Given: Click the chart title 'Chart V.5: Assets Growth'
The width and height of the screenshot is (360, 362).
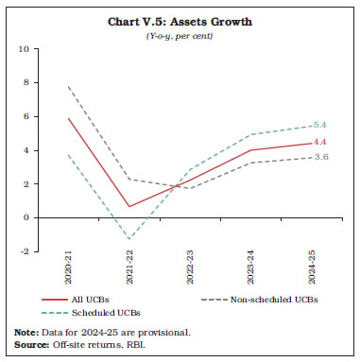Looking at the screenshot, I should [180, 21].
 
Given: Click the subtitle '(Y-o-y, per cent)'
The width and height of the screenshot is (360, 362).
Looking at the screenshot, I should [180, 35].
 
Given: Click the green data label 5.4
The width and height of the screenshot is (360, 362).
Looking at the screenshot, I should [319, 126].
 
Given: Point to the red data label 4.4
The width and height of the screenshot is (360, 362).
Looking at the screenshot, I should [319, 142].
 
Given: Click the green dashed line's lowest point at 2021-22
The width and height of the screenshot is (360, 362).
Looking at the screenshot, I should [129, 239].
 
